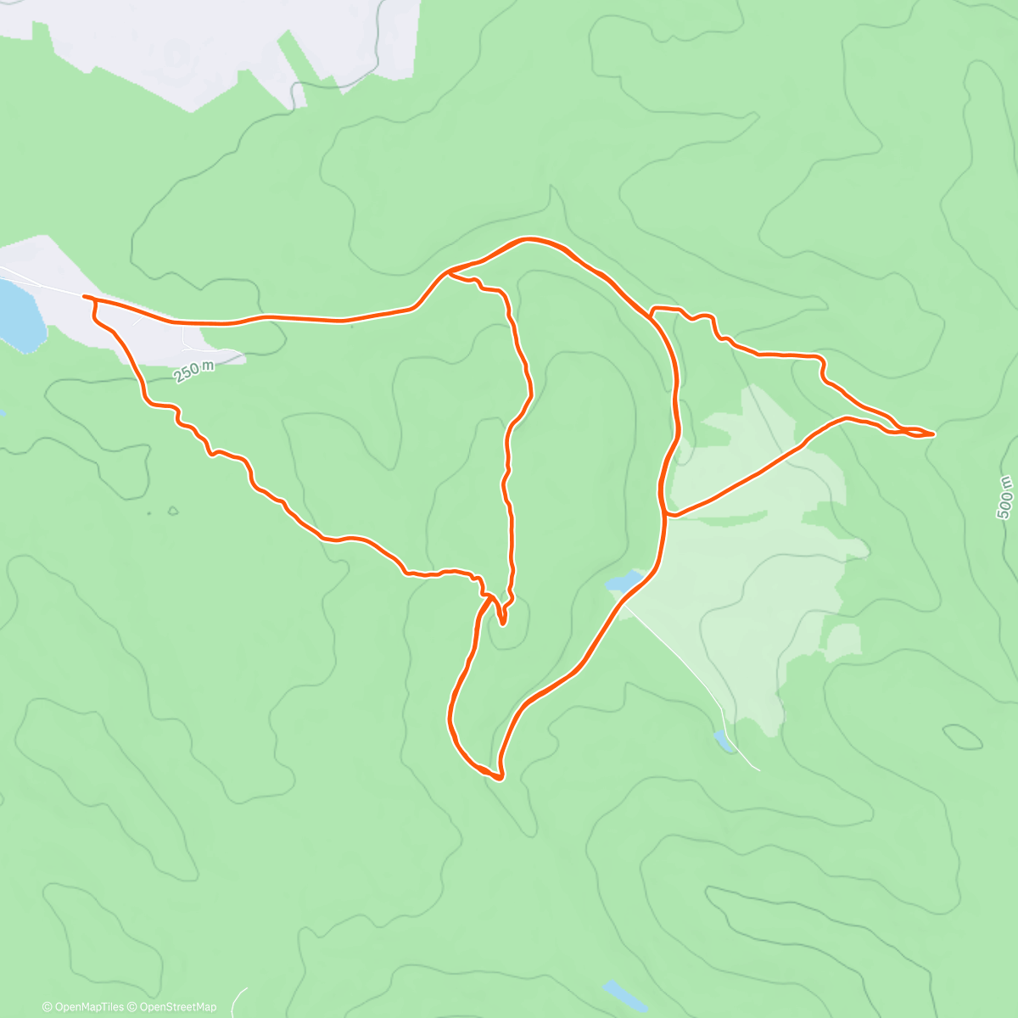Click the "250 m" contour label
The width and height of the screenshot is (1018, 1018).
195,371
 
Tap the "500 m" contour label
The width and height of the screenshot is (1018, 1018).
1005,497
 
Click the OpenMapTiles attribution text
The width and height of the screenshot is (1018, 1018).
82,1007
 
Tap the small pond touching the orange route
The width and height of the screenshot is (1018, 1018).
626,582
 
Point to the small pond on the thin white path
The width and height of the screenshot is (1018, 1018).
724,741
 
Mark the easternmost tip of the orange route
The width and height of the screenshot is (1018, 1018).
934,433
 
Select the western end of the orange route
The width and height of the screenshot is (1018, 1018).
83,296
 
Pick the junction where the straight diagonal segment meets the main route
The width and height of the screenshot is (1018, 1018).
668,513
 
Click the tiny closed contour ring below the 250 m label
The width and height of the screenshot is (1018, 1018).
173,511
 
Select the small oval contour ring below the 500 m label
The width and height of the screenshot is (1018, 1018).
963,736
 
